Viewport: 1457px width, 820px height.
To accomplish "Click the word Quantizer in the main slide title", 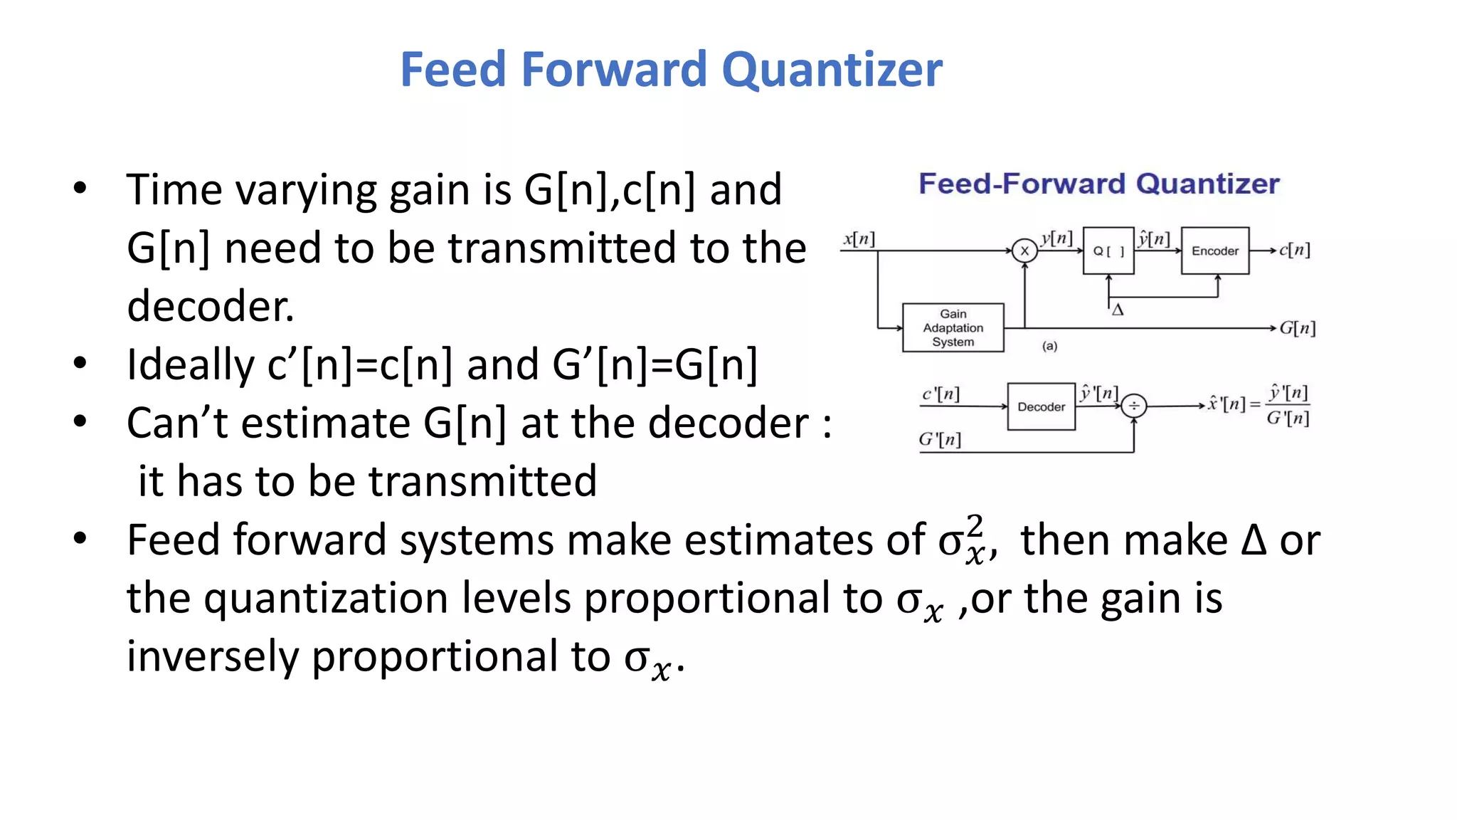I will (832, 70).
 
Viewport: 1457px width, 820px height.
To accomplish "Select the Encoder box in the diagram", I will (1214, 251).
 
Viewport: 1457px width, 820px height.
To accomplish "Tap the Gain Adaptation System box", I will (953, 327).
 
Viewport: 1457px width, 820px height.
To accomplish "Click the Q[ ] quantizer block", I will (1108, 251).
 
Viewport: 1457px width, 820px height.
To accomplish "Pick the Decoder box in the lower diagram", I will (1041, 406).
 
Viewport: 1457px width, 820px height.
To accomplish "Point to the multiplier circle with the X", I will (1024, 251).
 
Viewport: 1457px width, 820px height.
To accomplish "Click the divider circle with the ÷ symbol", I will (1133, 406).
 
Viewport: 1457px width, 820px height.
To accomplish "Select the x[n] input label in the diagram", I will (859, 239).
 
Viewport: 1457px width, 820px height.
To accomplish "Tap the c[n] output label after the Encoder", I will (1294, 250).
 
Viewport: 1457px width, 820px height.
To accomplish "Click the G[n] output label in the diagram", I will (1297, 328).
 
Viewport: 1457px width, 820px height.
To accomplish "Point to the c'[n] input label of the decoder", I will (941, 394).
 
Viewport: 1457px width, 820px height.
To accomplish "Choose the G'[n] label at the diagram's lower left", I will (939, 440).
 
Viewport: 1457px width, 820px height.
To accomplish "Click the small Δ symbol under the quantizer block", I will (1118, 310).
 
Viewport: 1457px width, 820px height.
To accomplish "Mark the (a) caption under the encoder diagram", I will (1049, 347).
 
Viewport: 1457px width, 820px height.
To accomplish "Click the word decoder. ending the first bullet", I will (211, 306).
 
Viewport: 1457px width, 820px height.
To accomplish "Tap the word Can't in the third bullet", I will (177, 423).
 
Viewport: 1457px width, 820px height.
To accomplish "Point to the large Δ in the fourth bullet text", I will (1253, 540).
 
